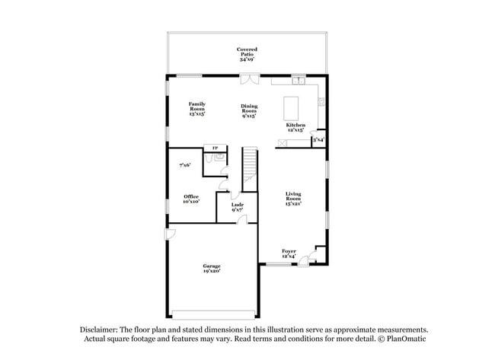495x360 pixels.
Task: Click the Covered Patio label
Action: click(247, 53)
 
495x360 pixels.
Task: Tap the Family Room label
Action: click(197, 108)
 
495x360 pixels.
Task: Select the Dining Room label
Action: click(249, 111)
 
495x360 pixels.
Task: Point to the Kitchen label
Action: click(295, 127)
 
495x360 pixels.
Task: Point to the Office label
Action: click(191, 199)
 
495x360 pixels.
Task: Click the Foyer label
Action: click(289, 253)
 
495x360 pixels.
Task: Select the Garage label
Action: click(212, 268)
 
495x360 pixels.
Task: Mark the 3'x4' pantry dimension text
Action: click(318, 140)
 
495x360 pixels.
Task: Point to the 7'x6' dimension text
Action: click(184, 164)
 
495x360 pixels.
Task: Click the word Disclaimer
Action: click(102, 329)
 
